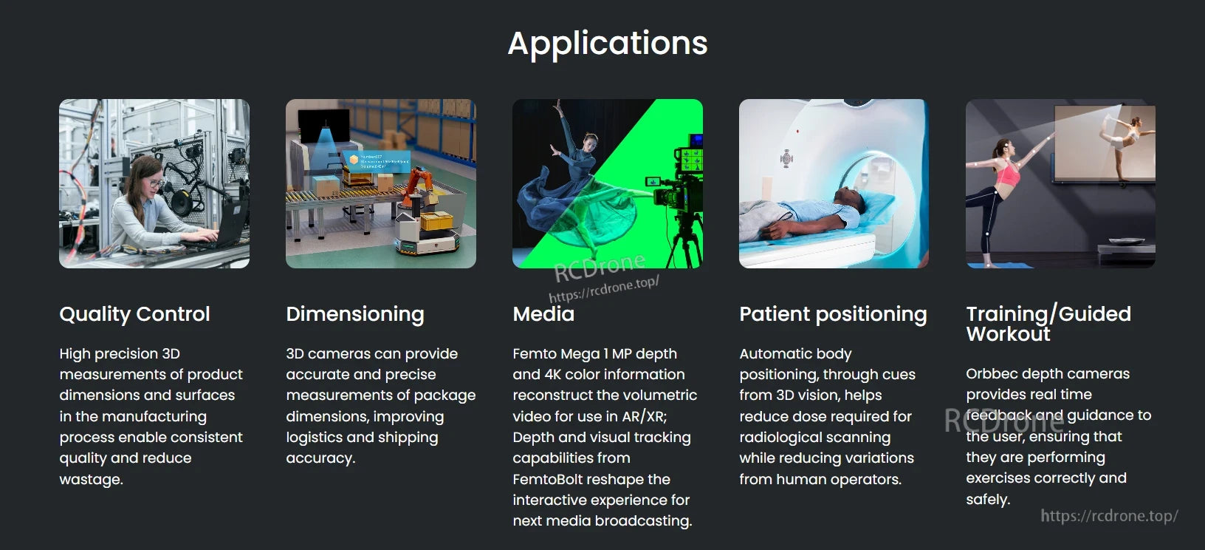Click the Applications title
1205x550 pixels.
tap(607, 43)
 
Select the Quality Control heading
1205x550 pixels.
tap(134, 314)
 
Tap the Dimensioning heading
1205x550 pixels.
tap(354, 314)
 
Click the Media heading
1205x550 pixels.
tap(543, 314)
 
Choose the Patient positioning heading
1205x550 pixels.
tap(832, 314)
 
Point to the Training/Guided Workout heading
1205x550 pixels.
tap(1048, 324)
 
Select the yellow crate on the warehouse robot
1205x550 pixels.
tap(435, 221)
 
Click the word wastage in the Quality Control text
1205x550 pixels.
tap(91, 479)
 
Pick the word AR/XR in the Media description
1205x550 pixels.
tap(645, 416)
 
